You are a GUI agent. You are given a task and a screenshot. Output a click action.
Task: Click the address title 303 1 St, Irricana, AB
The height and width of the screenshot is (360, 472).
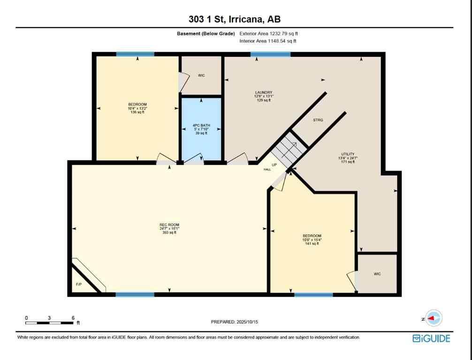[x=234, y=19]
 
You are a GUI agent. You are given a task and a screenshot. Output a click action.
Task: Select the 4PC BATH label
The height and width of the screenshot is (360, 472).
[x=201, y=126]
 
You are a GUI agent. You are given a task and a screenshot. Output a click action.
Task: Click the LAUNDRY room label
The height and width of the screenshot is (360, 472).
[x=264, y=92]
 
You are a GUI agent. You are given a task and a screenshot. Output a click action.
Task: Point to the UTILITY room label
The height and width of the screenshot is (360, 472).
[x=348, y=154]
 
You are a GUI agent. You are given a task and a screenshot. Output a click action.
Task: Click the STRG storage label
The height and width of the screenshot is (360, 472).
[x=318, y=120]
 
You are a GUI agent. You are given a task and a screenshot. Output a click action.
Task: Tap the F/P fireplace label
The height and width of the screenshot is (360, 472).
[x=78, y=285]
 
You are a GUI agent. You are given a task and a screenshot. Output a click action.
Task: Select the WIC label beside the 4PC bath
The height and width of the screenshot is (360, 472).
[x=201, y=75]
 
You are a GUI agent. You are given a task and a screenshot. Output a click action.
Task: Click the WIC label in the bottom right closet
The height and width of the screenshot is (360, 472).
[x=377, y=274]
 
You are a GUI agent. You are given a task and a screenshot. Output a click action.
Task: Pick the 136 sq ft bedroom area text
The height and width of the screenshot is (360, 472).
[x=137, y=112]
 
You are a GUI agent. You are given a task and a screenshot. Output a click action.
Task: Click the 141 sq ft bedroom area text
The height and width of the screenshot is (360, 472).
[x=312, y=244]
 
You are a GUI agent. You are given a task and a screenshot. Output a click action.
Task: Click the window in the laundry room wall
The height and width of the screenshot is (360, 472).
[x=270, y=54]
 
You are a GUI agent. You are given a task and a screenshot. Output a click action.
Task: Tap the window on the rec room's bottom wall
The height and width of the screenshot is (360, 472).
[x=135, y=294]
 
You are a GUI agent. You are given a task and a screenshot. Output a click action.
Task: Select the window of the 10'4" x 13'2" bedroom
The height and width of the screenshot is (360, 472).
[x=135, y=54]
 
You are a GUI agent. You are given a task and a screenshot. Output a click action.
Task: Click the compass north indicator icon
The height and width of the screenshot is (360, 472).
[x=433, y=318]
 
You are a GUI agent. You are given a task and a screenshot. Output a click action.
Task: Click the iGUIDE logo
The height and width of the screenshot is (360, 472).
[x=431, y=338]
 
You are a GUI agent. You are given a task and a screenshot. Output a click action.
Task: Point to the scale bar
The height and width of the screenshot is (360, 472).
[x=49, y=322]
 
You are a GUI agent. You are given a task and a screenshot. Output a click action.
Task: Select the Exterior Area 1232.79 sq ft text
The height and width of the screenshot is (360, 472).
[x=269, y=34]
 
